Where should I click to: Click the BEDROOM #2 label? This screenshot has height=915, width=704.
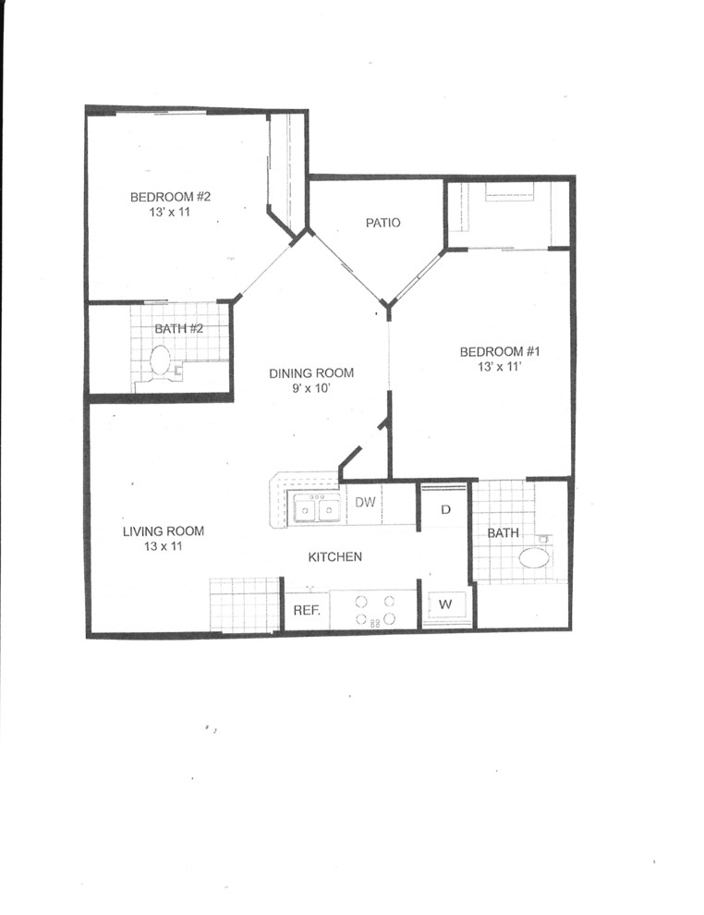tap(171, 197)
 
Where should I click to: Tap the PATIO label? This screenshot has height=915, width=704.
tap(382, 223)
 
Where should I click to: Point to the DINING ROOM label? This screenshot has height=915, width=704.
tap(311, 373)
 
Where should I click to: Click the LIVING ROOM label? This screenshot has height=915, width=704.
tap(164, 531)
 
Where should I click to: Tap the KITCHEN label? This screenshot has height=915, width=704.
tap(334, 557)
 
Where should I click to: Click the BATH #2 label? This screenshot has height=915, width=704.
tap(179, 329)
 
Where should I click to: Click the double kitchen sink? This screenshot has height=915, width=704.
tap(314, 506)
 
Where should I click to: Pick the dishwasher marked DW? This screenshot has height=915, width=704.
tap(364, 503)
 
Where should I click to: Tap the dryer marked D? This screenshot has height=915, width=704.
tap(445, 509)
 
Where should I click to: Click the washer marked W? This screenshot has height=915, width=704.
tap(445, 604)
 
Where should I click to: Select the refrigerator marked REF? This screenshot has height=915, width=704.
tap(306, 611)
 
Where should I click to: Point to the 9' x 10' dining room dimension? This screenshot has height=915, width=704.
tap(311, 389)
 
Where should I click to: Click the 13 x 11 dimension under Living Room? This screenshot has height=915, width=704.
tap(163, 547)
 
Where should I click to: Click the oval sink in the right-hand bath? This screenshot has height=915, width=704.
tap(533, 558)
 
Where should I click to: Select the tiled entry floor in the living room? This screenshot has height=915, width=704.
tap(244, 604)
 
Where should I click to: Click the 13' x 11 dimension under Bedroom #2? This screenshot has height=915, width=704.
tap(171, 213)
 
